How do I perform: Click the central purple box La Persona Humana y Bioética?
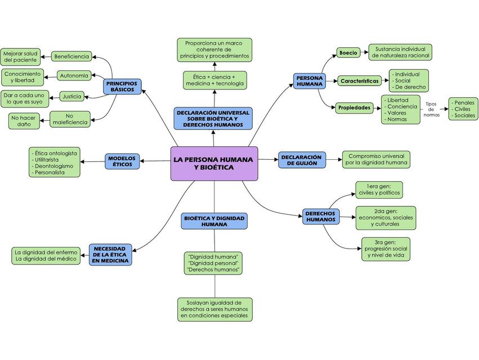point(214,164)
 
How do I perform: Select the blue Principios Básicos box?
point(122,86)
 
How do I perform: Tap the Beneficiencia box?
point(71,56)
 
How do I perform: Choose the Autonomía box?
point(73,75)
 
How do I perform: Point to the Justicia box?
point(71,96)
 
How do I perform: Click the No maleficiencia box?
point(70,119)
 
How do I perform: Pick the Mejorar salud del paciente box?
point(20,56)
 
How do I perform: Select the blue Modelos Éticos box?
point(122,161)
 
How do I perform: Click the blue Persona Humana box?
point(310,80)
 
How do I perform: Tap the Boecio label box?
point(348,52)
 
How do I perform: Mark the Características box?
point(359,81)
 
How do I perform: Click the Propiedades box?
point(355,107)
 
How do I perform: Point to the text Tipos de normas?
point(431,109)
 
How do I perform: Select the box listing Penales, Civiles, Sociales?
point(463,109)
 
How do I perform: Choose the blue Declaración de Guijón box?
point(301,160)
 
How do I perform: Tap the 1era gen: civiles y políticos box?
point(378,190)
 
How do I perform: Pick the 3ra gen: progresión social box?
point(385,249)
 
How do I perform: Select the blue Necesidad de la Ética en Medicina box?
point(110,254)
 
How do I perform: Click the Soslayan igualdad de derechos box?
point(214,309)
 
